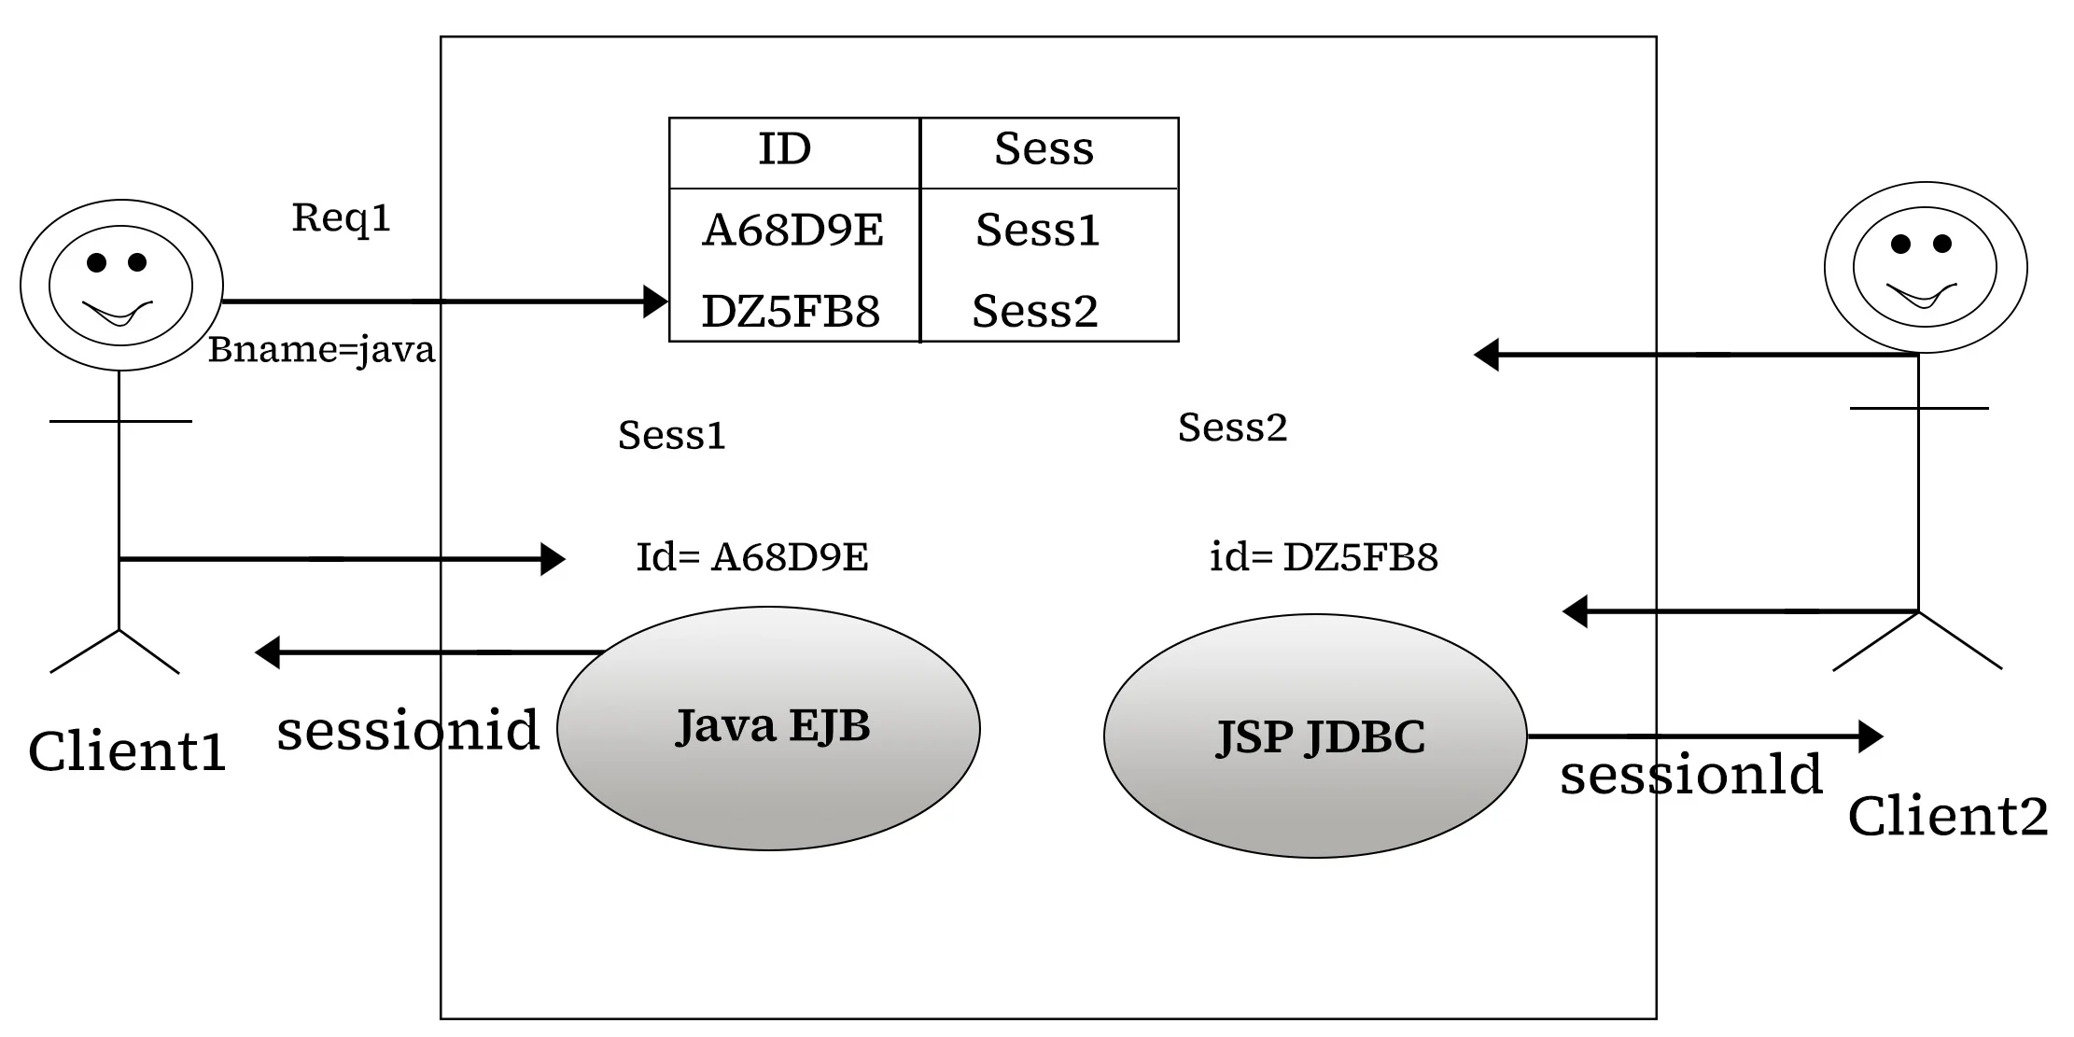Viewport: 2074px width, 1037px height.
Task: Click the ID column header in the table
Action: tap(784, 149)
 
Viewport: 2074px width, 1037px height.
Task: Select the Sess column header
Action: tap(1044, 149)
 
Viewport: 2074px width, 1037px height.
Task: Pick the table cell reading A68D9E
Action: tap(792, 231)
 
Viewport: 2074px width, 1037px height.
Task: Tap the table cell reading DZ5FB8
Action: tap(791, 312)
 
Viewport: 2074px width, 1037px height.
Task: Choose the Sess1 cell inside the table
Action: tap(1037, 231)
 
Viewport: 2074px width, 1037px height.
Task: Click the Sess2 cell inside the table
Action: tap(1034, 312)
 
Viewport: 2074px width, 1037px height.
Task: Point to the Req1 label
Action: tap(341, 218)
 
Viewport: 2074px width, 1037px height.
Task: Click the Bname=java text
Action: tap(321, 351)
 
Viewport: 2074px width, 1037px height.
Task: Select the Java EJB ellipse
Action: tap(768, 728)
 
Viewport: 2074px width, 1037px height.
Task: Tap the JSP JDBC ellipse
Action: tap(1315, 736)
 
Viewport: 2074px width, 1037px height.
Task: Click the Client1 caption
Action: tap(127, 751)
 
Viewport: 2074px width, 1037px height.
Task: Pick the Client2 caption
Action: tap(1947, 817)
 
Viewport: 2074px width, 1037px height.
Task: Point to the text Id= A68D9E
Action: tap(751, 557)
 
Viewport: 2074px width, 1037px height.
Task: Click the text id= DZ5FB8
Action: tap(1323, 557)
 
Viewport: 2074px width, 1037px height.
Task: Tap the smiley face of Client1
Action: tap(121, 285)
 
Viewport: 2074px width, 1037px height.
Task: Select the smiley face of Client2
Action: tap(1925, 267)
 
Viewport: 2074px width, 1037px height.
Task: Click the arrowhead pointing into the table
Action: tap(656, 301)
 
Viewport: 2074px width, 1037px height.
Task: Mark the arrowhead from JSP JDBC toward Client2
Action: tap(1870, 736)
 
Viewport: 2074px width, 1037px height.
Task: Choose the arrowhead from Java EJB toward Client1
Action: tap(269, 652)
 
